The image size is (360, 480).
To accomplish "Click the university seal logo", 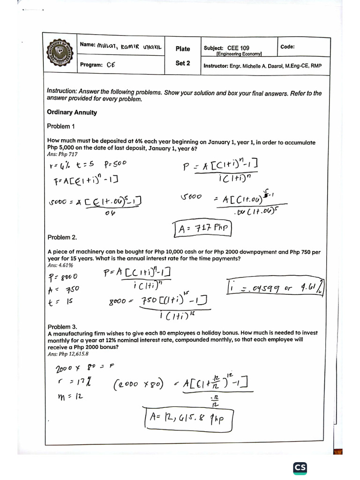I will click(60, 53).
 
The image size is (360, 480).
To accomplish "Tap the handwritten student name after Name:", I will click(129, 46).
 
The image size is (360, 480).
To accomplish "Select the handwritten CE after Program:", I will click(111, 66).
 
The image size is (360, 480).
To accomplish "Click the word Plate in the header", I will click(183, 49).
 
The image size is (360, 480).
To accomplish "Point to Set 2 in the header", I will click(183, 63).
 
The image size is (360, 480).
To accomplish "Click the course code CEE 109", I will click(238, 48).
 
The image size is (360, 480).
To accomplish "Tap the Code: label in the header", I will click(287, 47).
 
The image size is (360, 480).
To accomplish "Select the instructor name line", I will click(262, 66).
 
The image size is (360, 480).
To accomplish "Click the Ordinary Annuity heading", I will click(72, 112).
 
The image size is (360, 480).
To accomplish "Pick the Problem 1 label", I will click(61, 126).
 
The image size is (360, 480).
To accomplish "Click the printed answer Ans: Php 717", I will click(62, 154).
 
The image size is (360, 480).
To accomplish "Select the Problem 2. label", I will click(62, 238).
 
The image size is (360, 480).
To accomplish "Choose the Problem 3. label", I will click(62, 327).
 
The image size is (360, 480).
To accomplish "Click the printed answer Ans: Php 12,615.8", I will click(68, 354).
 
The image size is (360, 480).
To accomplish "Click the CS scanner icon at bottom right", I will click(300, 468).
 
